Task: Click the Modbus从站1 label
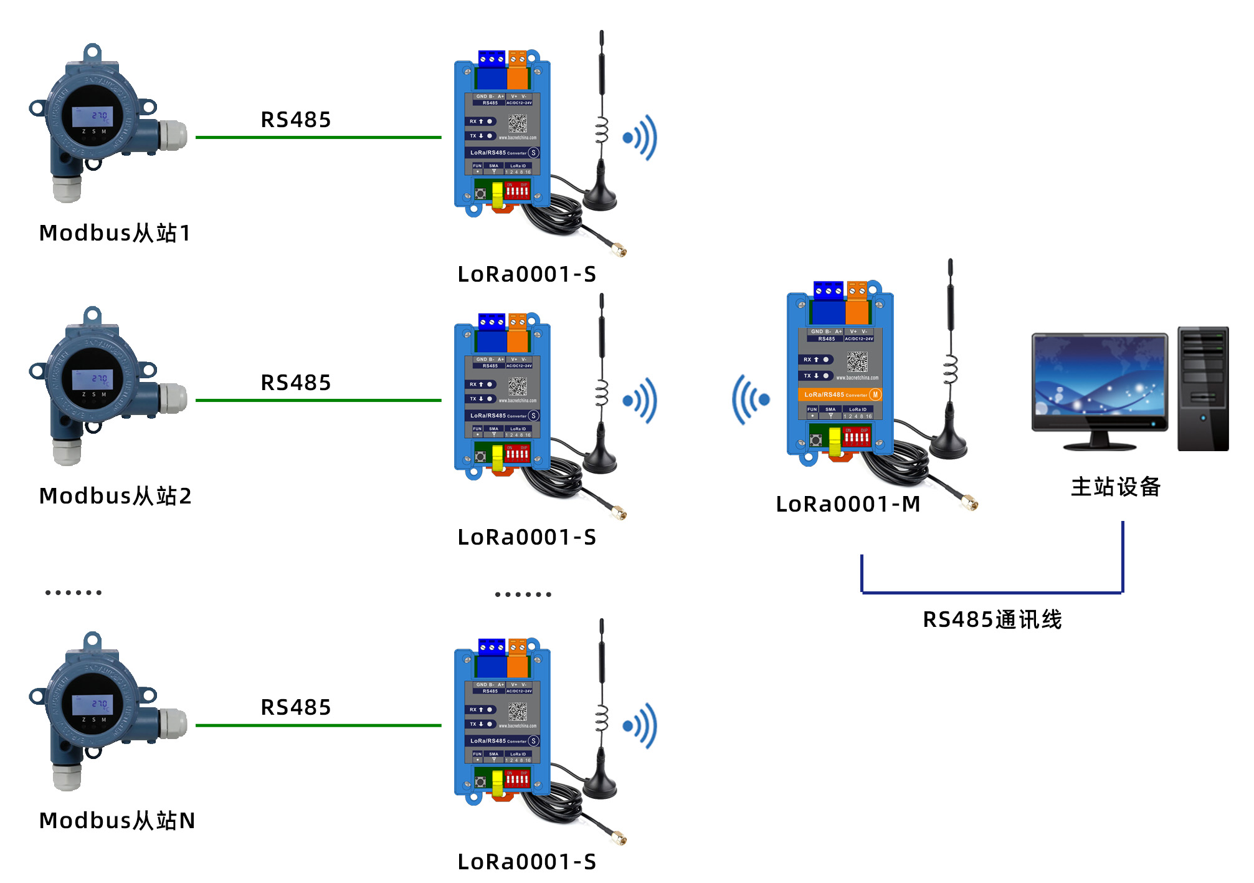pos(115,233)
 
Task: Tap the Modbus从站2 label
pos(115,496)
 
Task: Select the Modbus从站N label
pos(117,821)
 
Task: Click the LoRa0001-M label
pos(848,504)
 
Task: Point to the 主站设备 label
pos(1116,487)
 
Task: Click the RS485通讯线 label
pos(992,619)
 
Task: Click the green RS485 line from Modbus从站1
pos(318,137)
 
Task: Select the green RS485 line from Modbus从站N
pos(318,725)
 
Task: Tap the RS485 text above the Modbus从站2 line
pos(295,383)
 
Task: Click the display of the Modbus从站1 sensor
pos(92,117)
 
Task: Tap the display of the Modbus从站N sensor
pos(92,705)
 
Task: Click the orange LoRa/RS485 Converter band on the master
pos(839,394)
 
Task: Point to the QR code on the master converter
pos(857,361)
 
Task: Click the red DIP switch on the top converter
pos(517,191)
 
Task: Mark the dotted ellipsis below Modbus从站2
pos(74,593)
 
